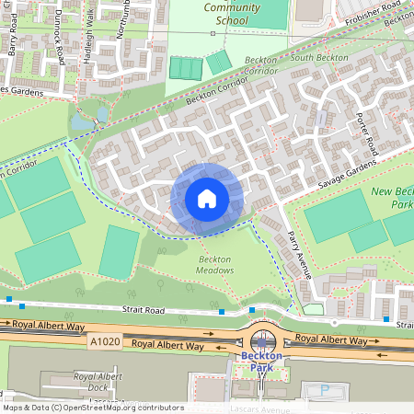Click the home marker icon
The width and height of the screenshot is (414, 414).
pyautogui.click(x=207, y=198)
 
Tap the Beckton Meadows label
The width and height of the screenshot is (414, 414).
pyautogui.click(x=214, y=265)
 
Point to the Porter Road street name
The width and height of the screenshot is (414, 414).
pyautogui.click(x=365, y=133)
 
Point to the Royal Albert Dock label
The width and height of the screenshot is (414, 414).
pyautogui.click(x=97, y=381)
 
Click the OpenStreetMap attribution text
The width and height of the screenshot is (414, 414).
pyautogui.click(x=92, y=408)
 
